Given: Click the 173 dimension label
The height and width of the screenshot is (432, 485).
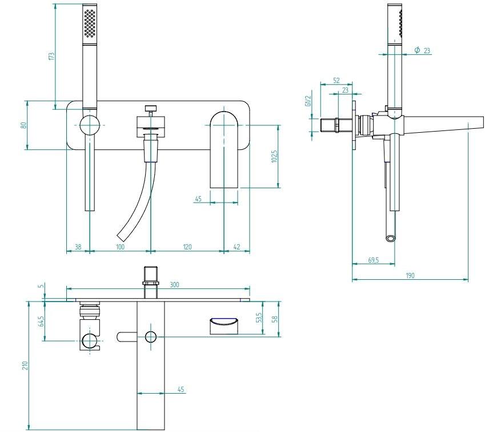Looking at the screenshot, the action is click(x=51, y=56).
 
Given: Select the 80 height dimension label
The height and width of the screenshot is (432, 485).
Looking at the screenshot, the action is click(x=24, y=125).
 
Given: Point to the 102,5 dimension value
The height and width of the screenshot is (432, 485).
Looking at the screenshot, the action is click(x=274, y=157).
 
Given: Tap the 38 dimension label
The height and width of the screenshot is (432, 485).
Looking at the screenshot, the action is click(x=78, y=247).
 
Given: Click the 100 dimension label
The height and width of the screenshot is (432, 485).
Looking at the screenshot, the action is click(x=120, y=247).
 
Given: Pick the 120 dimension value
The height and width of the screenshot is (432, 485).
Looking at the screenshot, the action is click(x=187, y=247).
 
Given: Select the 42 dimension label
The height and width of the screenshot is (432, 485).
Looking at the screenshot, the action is click(x=237, y=247).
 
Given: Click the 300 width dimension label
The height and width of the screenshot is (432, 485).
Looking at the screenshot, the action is click(x=174, y=284).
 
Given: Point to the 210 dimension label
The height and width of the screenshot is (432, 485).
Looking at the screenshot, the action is click(x=25, y=366).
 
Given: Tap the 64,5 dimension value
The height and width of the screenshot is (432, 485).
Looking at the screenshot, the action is click(x=41, y=321).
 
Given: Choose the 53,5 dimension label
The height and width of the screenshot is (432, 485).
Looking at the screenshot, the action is click(x=259, y=317).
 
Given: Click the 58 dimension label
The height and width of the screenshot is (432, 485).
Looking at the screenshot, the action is click(x=274, y=319).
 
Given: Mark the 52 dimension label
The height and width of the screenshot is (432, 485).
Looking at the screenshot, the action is click(x=336, y=81).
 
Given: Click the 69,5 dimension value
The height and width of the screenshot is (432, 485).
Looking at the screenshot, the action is click(x=374, y=260).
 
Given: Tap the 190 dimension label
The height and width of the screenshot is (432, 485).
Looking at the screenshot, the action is click(x=410, y=275).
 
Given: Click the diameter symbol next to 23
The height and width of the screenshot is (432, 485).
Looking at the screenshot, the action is click(x=417, y=50).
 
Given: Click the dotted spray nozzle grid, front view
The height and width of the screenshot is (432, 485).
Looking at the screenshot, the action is click(x=90, y=23).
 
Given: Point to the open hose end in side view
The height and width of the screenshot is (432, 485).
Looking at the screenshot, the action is click(x=391, y=238).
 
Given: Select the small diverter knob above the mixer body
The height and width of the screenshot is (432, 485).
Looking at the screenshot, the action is click(x=151, y=109).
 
